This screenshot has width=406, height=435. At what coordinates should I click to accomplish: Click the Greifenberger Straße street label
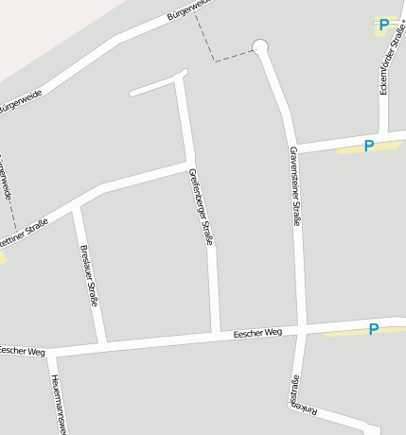pyautogui.click(x=201, y=207)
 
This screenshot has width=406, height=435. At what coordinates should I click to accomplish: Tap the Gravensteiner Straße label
pyautogui.click(x=295, y=186)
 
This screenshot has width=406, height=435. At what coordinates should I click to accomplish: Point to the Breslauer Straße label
pyautogui.click(x=89, y=276)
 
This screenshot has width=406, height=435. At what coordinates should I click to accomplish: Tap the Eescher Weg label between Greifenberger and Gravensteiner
pyautogui.click(x=257, y=333)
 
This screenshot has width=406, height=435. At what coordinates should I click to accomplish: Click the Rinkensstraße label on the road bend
pyautogui.click(x=300, y=397)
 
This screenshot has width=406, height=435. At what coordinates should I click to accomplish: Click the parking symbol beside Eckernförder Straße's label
pyautogui.click(x=384, y=25)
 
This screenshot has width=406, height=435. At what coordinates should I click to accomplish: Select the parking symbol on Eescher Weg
pyautogui.click(x=374, y=329)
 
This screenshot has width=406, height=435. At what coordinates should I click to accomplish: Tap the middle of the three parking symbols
pyautogui.click(x=369, y=146)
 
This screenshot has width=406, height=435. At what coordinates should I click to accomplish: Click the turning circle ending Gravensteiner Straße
pyautogui.click(x=260, y=46)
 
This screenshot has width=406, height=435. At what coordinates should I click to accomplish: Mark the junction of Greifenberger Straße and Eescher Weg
pyautogui.click(x=216, y=335)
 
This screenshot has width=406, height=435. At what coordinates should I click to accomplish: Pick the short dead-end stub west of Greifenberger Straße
pyautogui.click(x=151, y=87)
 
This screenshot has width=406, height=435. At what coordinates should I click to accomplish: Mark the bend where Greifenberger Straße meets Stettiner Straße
pyautogui.click(x=189, y=164)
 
